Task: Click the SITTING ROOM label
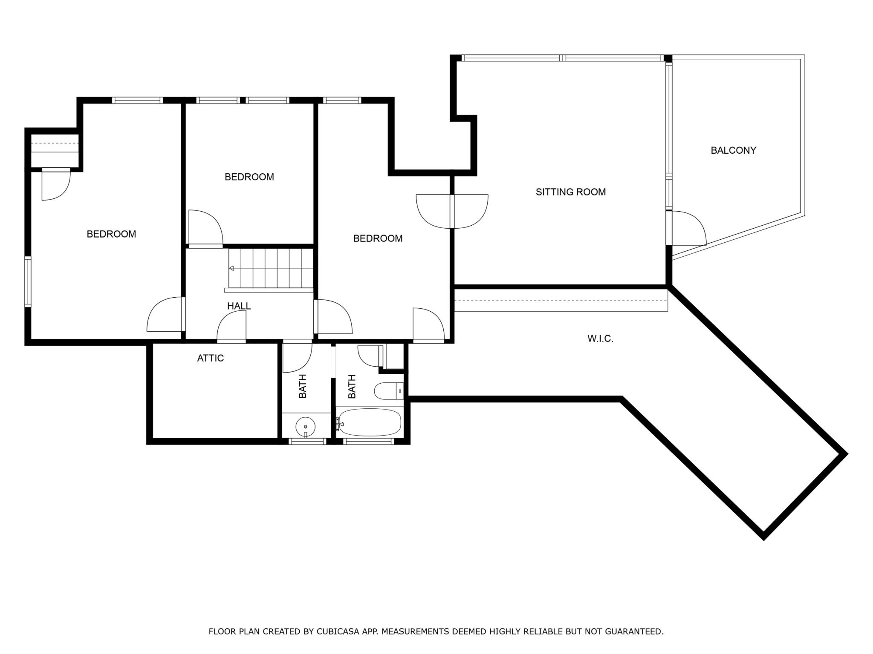click(570, 192)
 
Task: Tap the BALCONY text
click(733, 150)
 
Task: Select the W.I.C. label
click(600, 339)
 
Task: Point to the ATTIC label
click(210, 358)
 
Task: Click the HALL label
click(239, 306)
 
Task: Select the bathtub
click(369, 422)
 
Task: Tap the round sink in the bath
click(305, 426)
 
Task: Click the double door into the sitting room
click(452, 211)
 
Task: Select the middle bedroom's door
click(205, 228)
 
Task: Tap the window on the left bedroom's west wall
click(28, 281)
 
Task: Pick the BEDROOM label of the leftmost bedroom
click(111, 234)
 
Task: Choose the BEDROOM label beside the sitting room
click(378, 238)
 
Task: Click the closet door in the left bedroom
click(56, 184)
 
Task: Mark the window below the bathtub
click(368, 442)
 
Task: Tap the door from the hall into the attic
click(231, 326)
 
